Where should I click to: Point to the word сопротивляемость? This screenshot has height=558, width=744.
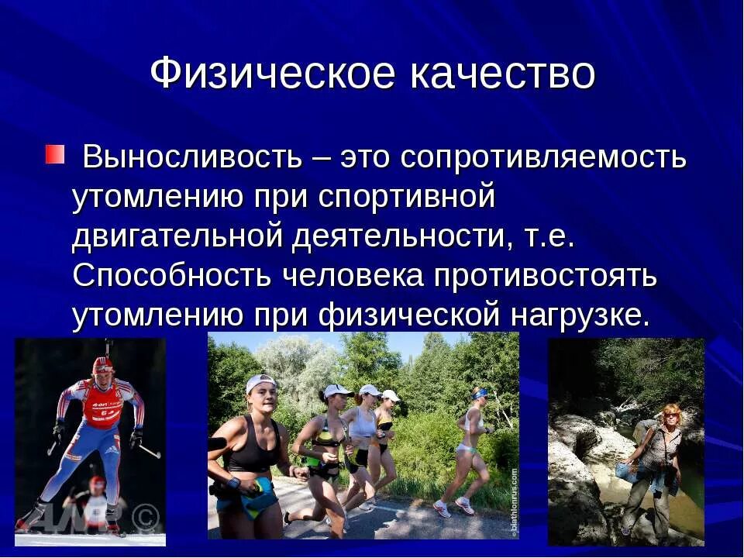pos(543,157)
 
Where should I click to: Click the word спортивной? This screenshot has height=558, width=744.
pos(406,197)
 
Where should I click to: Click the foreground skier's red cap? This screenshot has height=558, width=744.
pos(102,364)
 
